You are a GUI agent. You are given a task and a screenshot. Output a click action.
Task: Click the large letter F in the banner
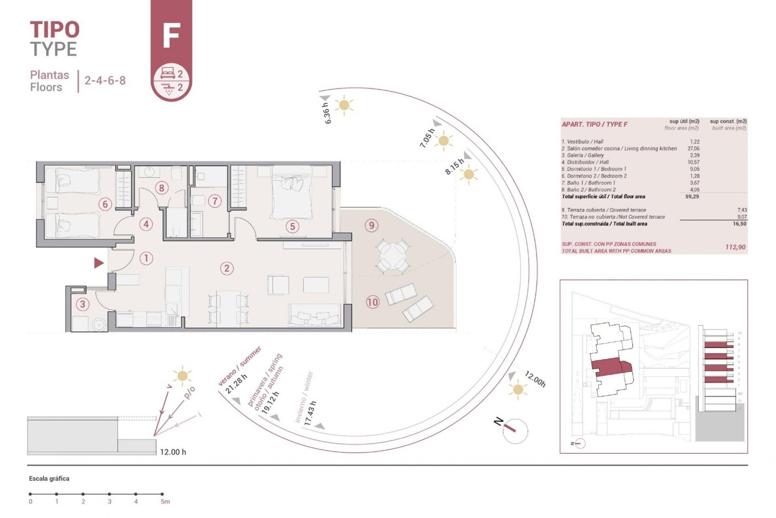tap(171, 36)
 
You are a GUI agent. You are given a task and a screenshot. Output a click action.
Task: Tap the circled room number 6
tap(105, 204)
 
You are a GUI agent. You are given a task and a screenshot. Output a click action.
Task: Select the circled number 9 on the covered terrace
tap(371, 225)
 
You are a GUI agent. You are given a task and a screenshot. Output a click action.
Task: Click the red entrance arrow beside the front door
tap(99, 263)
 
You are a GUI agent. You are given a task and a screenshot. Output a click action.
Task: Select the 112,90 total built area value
tap(735, 247)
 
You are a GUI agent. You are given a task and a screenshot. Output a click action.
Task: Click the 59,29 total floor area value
tap(692, 197)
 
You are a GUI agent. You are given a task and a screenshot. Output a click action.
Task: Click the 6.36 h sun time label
tap(327, 113)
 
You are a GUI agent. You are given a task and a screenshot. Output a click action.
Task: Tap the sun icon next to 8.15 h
tap(468, 175)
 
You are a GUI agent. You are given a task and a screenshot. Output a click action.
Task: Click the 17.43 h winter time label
tap(310, 413)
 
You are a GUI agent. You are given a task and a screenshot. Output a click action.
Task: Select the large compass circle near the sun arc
tap(515, 431)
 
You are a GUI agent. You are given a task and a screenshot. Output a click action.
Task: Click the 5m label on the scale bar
tap(165, 502)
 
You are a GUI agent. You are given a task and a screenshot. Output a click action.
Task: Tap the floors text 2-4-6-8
tap(105, 80)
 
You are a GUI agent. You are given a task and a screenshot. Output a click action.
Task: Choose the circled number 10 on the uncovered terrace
tap(372, 302)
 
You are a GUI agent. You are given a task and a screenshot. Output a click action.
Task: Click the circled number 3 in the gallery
tap(82, 304)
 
